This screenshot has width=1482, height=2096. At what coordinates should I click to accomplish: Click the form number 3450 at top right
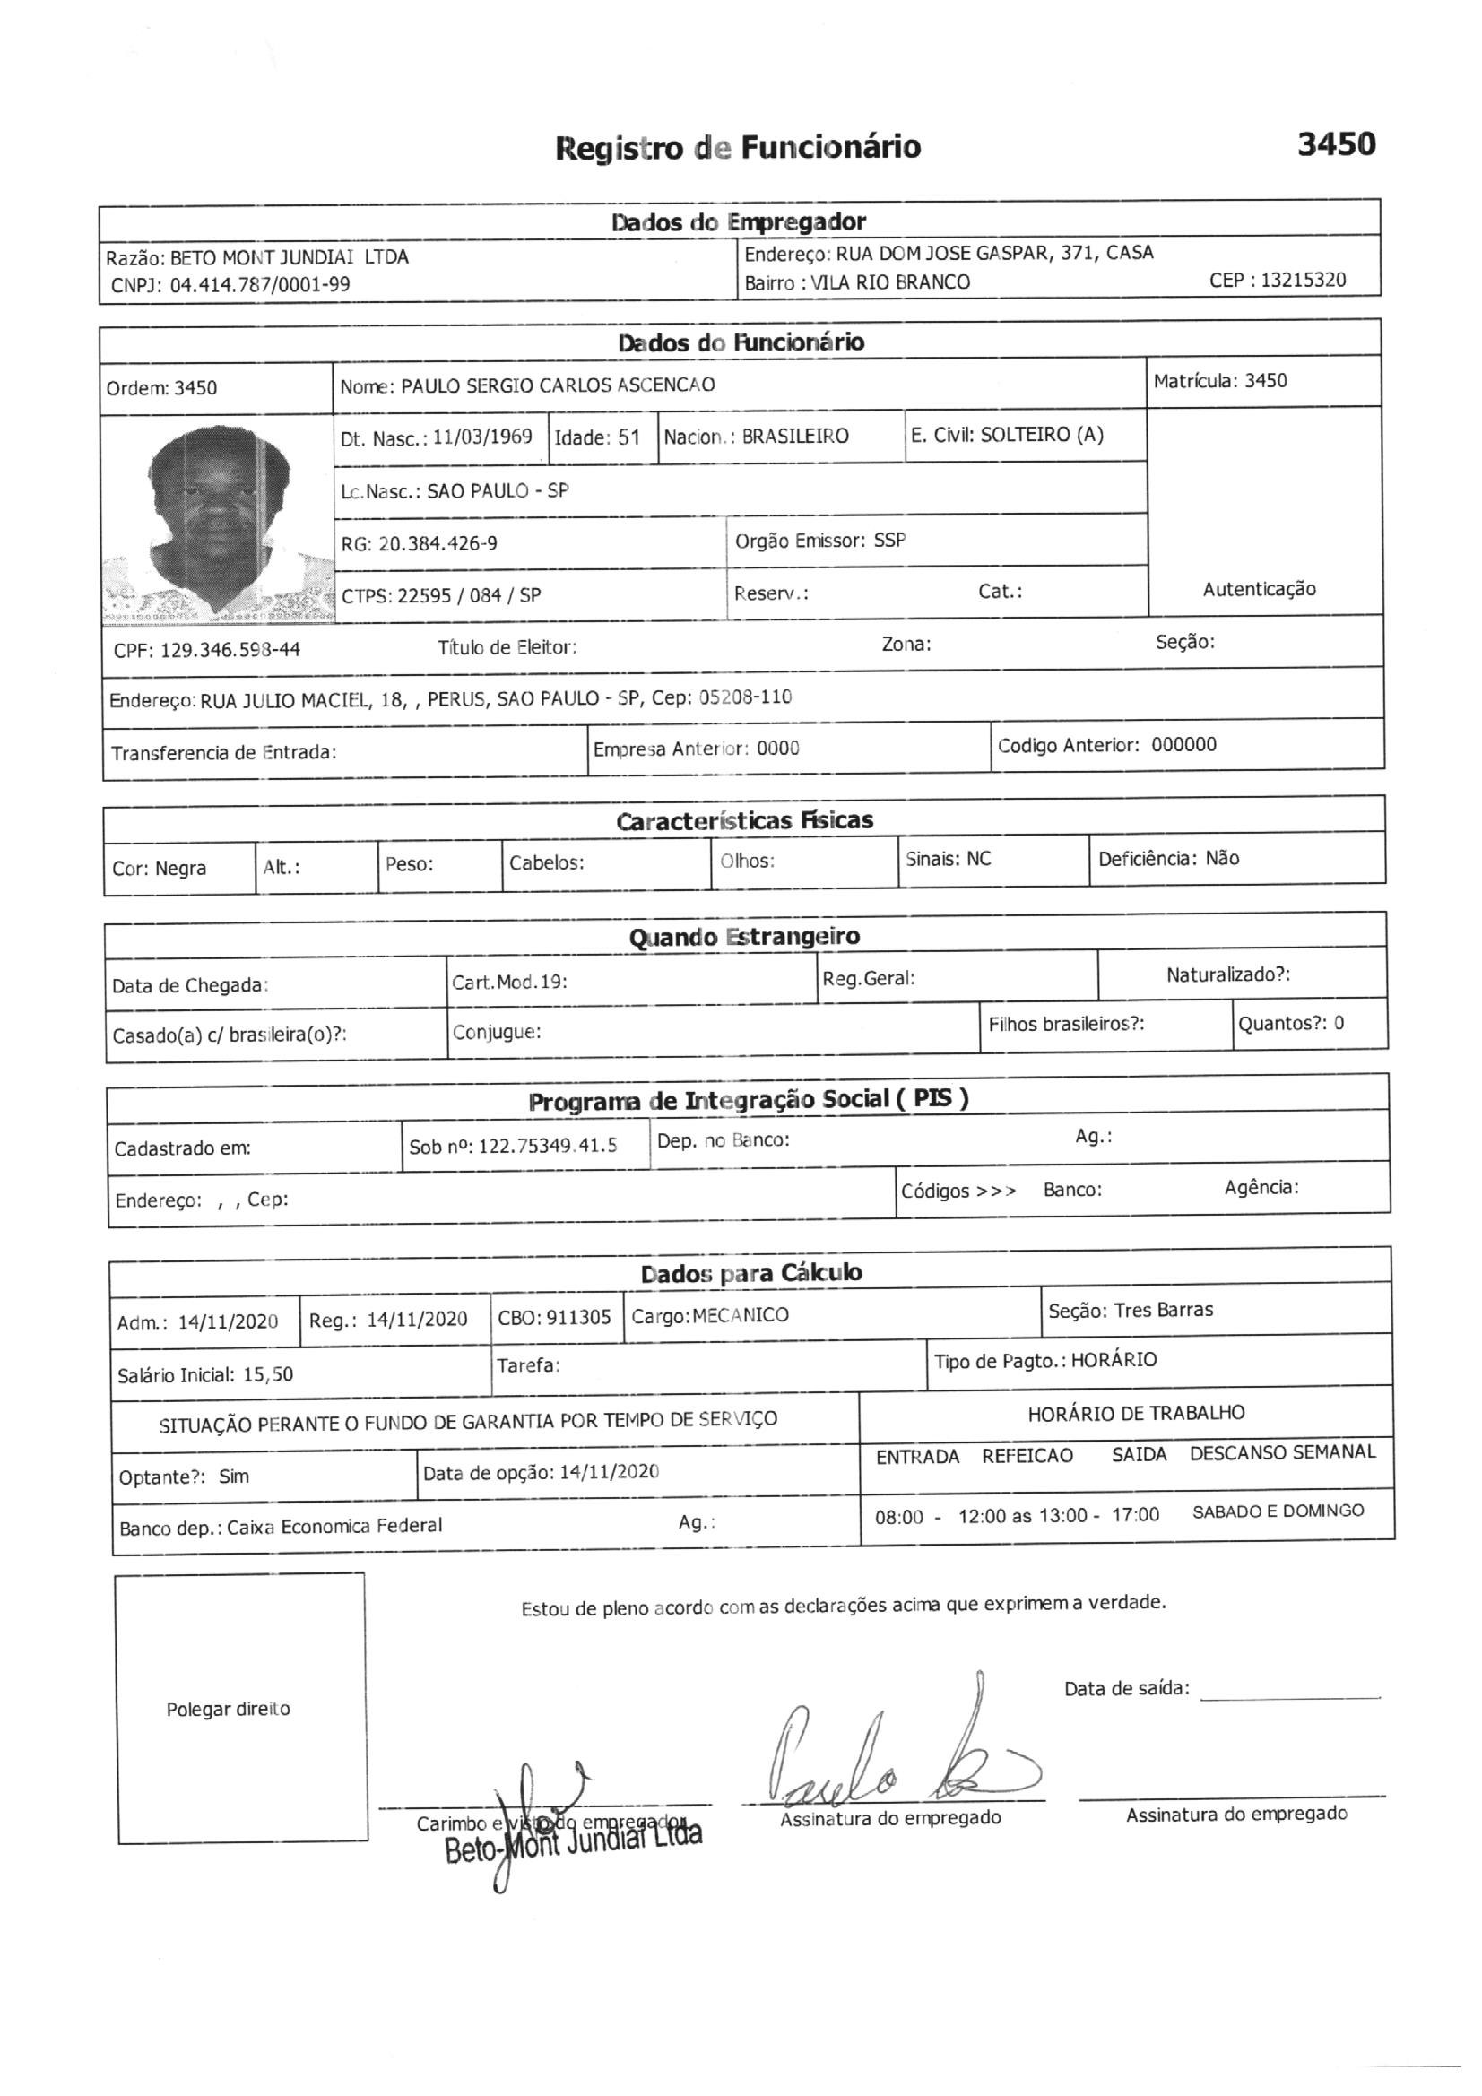click(1336, 143)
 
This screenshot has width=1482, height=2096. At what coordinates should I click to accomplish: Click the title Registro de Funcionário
click(738, 147)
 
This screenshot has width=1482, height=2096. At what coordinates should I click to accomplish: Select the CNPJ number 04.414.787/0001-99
click(259, 285)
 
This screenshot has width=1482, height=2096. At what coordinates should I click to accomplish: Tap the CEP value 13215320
click(1303, 281)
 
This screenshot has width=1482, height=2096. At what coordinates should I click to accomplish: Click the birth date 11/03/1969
click(482, 437)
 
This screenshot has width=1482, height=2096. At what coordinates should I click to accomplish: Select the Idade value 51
click(628, 437)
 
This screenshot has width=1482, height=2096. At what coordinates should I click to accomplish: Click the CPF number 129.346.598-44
click(230, 650)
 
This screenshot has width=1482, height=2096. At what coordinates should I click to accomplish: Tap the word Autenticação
click(1258, 589)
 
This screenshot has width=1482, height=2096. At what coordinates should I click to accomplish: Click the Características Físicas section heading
click(744, 820)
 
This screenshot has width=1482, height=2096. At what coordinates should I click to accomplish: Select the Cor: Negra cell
click(160, 868)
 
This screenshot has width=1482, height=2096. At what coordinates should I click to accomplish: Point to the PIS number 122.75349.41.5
click(547, 1146)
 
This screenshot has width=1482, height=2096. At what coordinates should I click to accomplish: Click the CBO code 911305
click(578, 1317)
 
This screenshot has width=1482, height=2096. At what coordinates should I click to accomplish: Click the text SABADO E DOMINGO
click(1278, 1511)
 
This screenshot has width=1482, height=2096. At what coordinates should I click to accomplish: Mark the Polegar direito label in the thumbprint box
click(229, 1709)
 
